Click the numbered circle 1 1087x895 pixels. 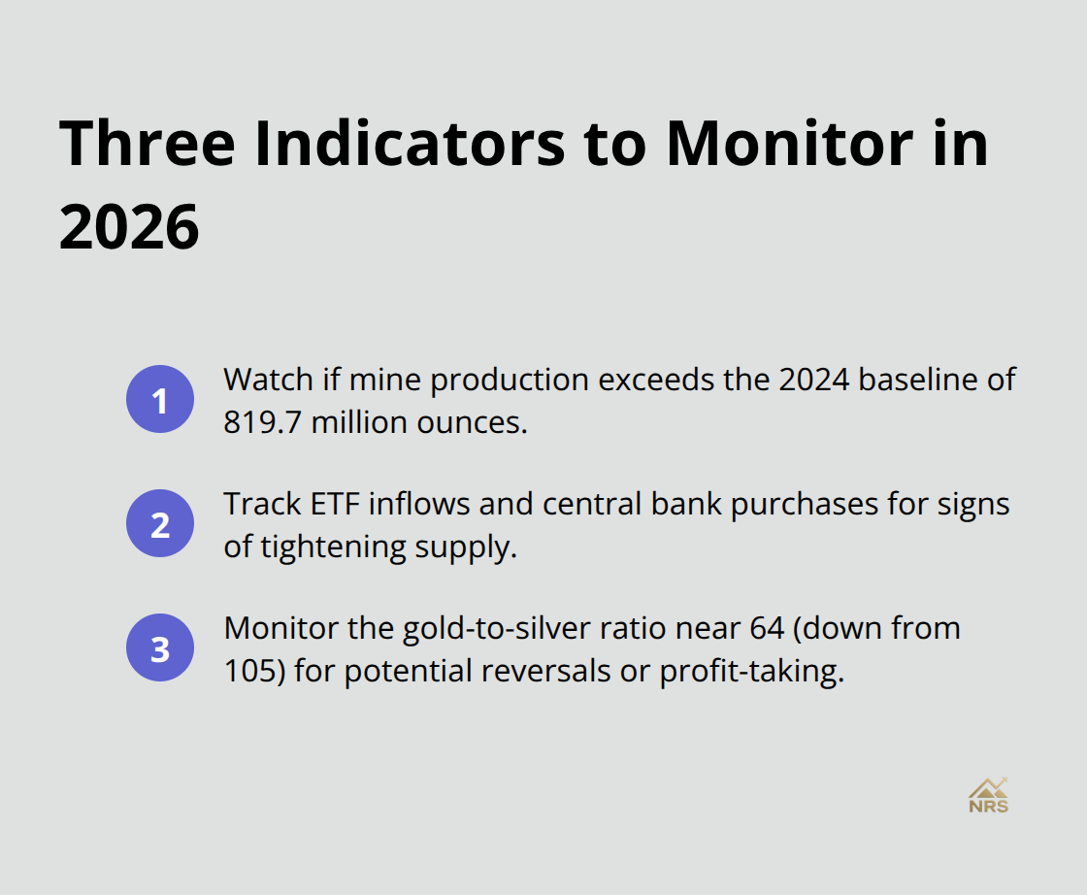pyautogui.click(x=160, y=400)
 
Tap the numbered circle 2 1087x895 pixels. pyautogui.click(x=160, y=524)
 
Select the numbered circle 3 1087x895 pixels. pyautogui.click(x=160, y=648)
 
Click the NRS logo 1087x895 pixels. pyautogui.click(x=988, y=795)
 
